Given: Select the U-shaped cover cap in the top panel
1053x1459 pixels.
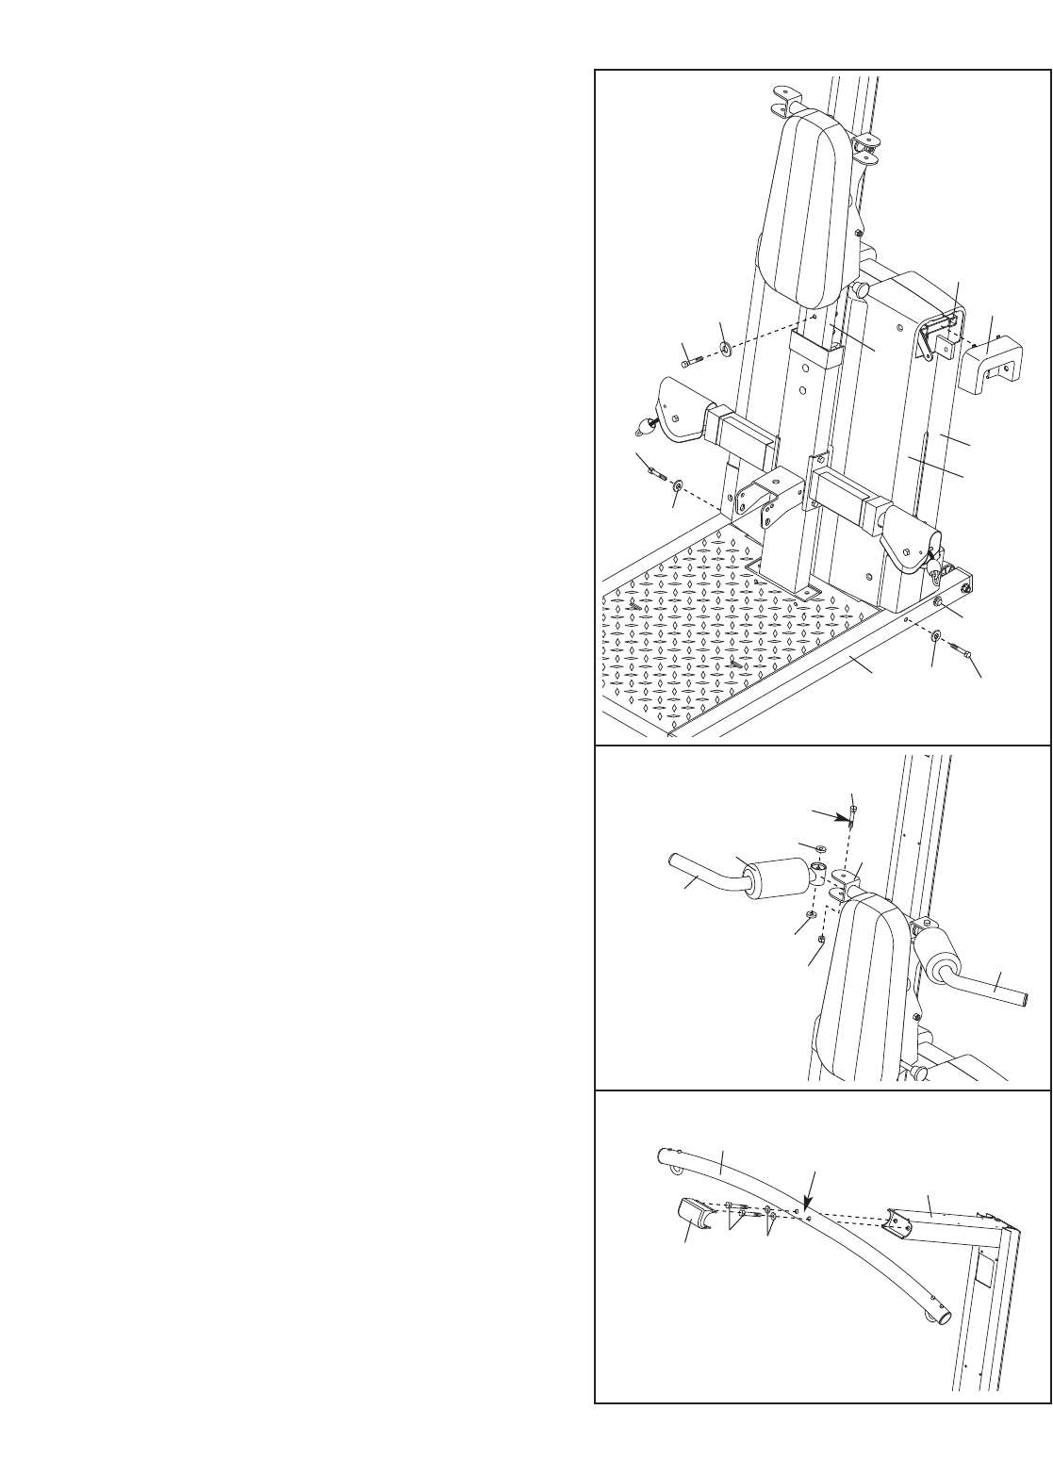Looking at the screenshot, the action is tap(988, 369).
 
